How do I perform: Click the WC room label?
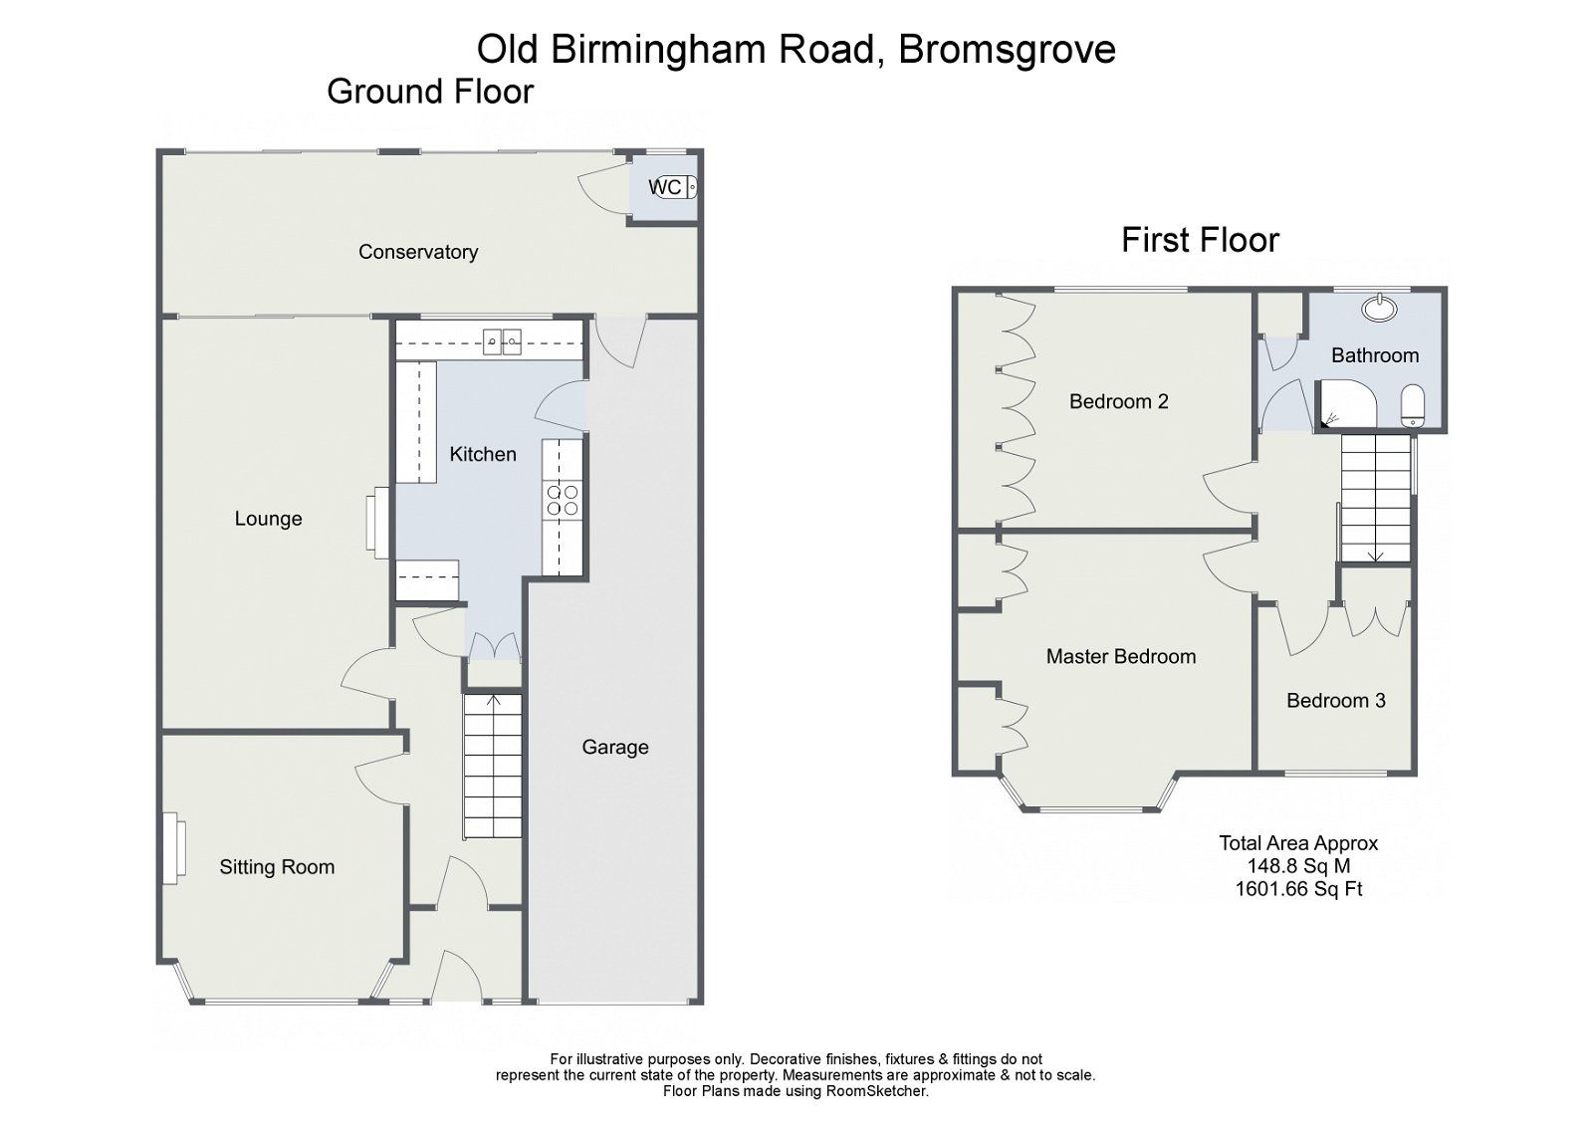coord(664,187)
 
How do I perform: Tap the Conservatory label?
coord(418,252)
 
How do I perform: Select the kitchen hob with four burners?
coord(563,500)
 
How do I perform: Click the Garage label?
coord(615,747)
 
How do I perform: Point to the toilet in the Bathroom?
coord(1413,407)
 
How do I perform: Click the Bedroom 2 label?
coord(1118,401)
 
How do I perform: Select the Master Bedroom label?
coord(1120,656)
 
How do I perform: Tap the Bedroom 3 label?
coord(1335,700)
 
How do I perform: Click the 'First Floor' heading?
coord(1200,240)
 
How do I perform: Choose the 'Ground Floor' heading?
coord(430,92)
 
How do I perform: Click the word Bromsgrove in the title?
coord(1007,48)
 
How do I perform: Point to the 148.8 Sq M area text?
coord(1298,866)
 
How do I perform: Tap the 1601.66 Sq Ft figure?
coord(1298,889)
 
